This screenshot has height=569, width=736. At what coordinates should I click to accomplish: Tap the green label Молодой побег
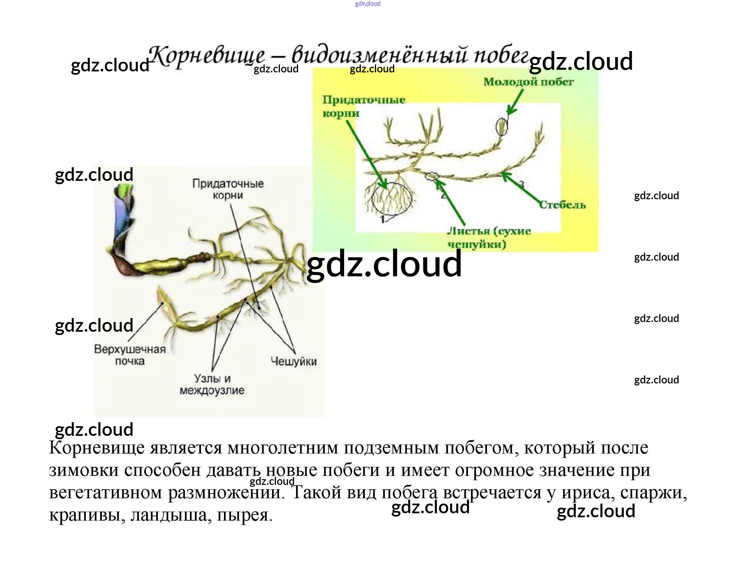[528, 82]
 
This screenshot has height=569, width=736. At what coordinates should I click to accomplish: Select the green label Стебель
[562, 205]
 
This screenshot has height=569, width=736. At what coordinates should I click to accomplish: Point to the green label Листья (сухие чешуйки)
[489, 238]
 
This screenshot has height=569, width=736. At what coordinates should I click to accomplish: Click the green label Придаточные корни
[363, 106]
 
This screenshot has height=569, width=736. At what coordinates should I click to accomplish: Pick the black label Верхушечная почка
[130, 355]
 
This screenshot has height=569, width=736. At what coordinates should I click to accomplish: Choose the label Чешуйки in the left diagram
[293, 361]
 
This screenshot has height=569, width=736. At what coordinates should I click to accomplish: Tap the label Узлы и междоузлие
[212, 384]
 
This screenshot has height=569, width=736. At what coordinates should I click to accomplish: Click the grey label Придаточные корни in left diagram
[228, 189]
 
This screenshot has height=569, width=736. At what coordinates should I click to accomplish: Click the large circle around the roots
[392, 198]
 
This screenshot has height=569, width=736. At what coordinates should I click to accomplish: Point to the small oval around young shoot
[502, 126]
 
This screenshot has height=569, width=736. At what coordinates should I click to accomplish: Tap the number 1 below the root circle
[383, 220]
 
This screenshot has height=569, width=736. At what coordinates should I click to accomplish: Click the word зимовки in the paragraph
[83, 470]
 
